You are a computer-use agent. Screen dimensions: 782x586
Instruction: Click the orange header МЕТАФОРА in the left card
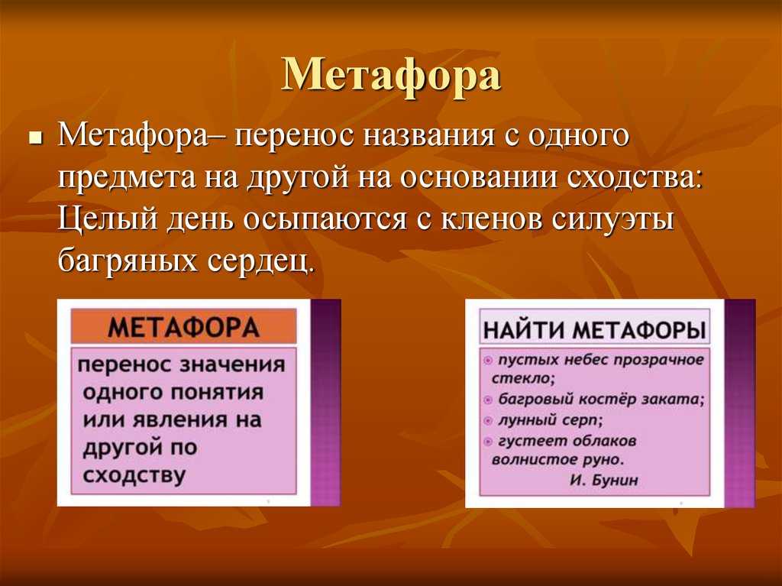[183, 328]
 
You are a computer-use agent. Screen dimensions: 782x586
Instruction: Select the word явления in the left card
[182, 420]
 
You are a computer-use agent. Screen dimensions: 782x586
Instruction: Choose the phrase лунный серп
[551, 421]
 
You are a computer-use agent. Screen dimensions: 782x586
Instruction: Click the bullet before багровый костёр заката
[488, 400]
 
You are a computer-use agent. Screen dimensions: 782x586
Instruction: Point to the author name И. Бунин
[603, 480]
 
